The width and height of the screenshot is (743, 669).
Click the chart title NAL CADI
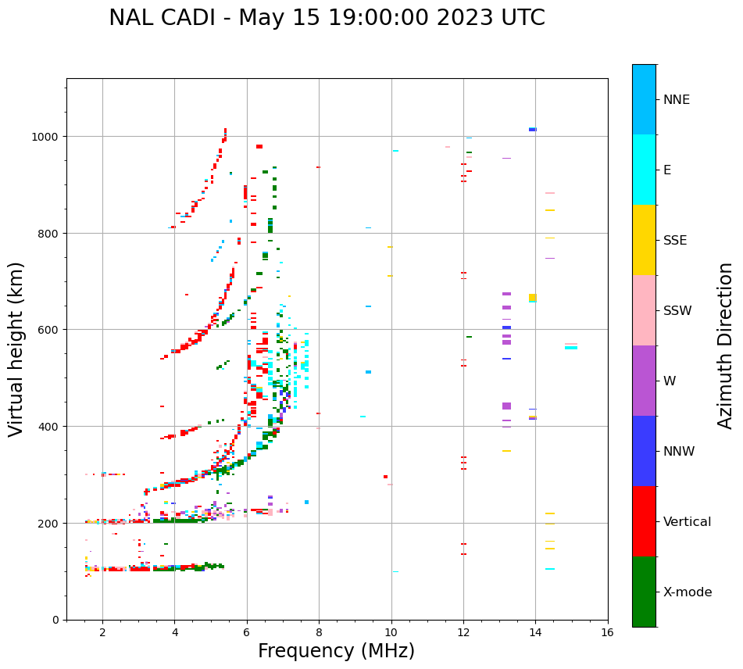[x=327, y=18]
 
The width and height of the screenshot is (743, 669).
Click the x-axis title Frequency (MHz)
[x=336, y=651]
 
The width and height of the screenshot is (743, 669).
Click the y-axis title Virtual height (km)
[x=16, y=349]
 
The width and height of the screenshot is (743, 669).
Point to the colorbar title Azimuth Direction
[x=726, y=345]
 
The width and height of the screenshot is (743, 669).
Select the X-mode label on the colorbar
[x=688, y=592]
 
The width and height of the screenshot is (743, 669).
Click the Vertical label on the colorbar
[x=688, y=522]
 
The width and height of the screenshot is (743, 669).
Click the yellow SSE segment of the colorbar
[x=644, y=240]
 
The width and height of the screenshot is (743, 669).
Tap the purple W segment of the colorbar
[x=644, y=381]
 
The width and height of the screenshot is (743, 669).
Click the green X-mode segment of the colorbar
[x=644, y=592]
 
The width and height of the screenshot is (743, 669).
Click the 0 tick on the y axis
[x=55, y=620]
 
